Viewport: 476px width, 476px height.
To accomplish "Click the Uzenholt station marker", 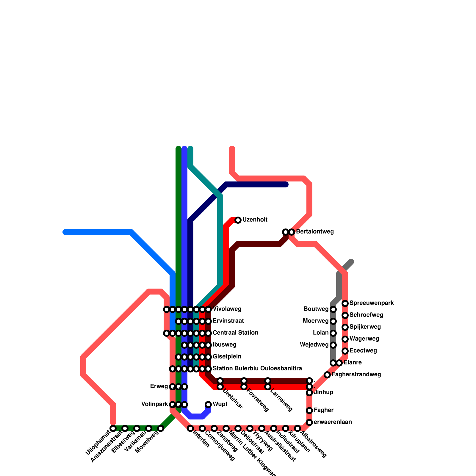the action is tap(238, 220).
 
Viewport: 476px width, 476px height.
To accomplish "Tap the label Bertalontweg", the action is tap(315, 232).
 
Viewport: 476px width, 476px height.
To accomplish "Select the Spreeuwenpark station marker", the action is tap(345, 303).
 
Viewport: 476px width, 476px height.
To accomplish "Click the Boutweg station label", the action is tap(316, 309).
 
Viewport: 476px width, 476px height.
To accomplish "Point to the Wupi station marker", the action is tap(208, 405).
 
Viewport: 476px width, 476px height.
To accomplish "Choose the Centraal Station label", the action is tap(235, 333).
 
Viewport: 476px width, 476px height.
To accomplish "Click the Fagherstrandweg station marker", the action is tap(327, 375).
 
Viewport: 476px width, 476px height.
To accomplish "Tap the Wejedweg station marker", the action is tap(333, 345).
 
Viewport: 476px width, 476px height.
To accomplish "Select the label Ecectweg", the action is tap(363, 351).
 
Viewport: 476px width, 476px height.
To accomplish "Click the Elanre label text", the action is tap(353, 363).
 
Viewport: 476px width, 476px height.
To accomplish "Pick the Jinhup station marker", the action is tap(309, 393).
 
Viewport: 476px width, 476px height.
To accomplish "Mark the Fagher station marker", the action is tap(309, 411).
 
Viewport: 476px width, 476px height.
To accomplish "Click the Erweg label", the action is tap(159, 386).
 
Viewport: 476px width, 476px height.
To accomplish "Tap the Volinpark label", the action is tap(155, 404).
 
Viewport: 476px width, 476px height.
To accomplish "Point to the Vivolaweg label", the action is tap(227, 309).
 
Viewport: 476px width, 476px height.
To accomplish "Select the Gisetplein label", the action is tap(227, 357).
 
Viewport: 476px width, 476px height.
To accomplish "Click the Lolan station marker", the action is tap(333, 333).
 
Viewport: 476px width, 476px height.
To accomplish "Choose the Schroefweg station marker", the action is tap(345, 315).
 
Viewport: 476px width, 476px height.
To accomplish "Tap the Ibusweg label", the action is tap(224, 345).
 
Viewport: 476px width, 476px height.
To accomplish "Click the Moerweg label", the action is tap(316, 321).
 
